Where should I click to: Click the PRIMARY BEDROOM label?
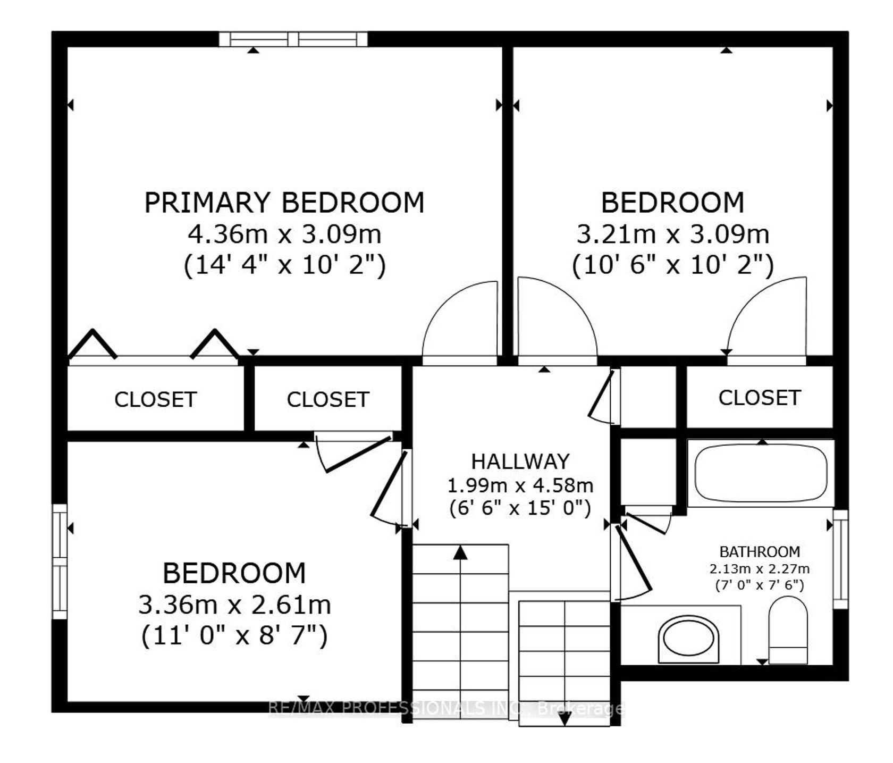[x=284, y=203]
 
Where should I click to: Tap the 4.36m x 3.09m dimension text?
[x=284, y=233]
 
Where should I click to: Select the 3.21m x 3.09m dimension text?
[x=673, y=233]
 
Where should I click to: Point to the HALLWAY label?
[x=520, y=461]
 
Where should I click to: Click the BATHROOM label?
[x=760, y=551]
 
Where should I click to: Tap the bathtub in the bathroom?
[x=761, y=472]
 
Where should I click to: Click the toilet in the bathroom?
[x=788, y=630]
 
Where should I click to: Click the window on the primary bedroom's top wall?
[x=293, y=39]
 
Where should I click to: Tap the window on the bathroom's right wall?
[x=840, y=559]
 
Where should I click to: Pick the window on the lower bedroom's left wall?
[x=60, y=561]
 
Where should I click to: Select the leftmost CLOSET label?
[x=156, y=399]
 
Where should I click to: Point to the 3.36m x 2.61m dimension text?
[x=235, y=605]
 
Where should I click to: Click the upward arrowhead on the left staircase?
[x=460, y=552]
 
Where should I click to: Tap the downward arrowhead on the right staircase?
[x=565, y=719]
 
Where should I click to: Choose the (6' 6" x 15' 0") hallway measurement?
[x=520, y=508]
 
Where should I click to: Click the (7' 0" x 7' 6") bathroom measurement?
[x=760, y=585]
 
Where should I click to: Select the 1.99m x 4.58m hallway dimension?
[x=520, y=485]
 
